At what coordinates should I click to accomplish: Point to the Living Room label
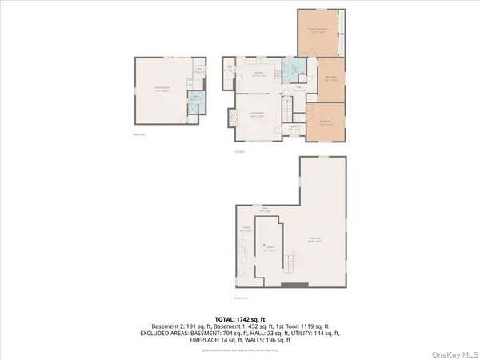(x=257, y=114)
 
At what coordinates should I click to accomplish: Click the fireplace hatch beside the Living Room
(x=233, y=119)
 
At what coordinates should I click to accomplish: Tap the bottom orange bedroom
(x=326, y=122)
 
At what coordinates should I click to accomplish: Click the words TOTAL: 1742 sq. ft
(x=239, y=318)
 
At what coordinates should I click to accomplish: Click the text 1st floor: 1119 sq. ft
(x=302, y=326)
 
